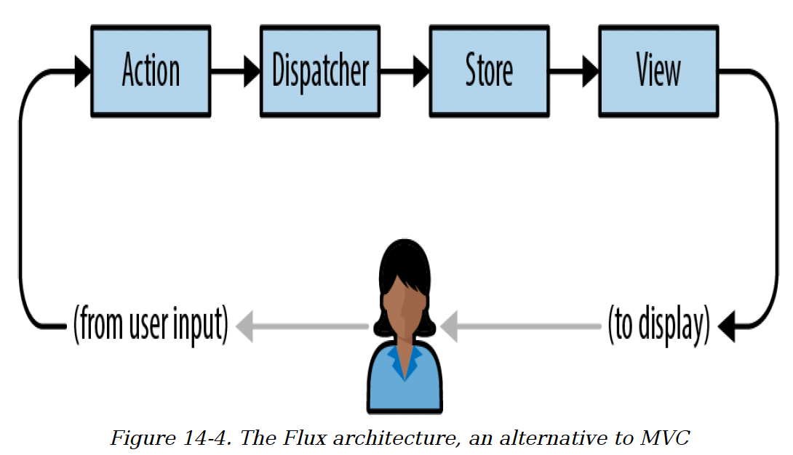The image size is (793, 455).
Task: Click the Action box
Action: [151, 71]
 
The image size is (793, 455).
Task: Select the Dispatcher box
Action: [320, 71]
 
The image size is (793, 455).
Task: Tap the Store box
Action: [489, 71]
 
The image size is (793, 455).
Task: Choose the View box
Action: [658, 71]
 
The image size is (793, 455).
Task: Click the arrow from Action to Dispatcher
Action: [235, 71]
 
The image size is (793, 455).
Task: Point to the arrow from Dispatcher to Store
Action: [405, 71]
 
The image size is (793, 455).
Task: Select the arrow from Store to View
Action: [573, 71]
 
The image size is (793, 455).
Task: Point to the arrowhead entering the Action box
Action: [82, 71]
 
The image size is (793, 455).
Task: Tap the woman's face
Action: [403, 305]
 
